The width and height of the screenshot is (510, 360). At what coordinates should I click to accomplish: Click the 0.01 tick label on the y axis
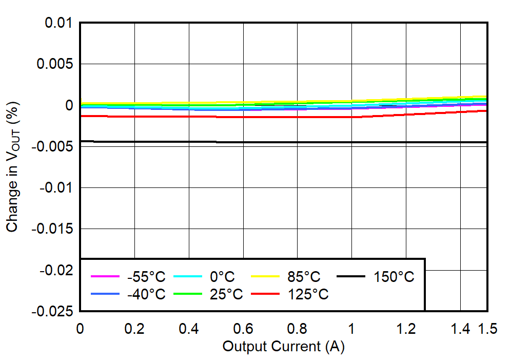point(58,23)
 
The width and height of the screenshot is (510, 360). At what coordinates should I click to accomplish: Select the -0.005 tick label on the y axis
point(52,146)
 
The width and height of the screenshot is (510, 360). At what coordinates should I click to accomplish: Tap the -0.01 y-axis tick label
point(56,187)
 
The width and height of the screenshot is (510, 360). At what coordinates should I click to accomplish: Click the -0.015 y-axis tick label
point(52,229)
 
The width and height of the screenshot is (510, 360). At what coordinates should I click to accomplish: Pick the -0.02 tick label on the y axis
point(56,270)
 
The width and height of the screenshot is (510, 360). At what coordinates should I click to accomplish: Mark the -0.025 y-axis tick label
point(52,311)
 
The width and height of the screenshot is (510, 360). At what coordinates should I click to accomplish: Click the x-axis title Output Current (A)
point(283,347)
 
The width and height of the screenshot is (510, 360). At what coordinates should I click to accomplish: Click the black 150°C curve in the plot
point(308,142)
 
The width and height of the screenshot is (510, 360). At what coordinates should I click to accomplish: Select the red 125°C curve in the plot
point(308,117)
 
